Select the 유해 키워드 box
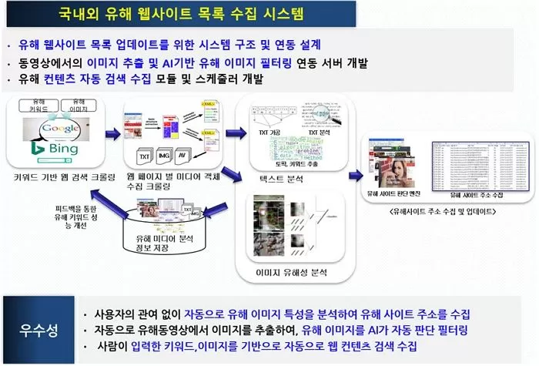(x=36, y=106)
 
